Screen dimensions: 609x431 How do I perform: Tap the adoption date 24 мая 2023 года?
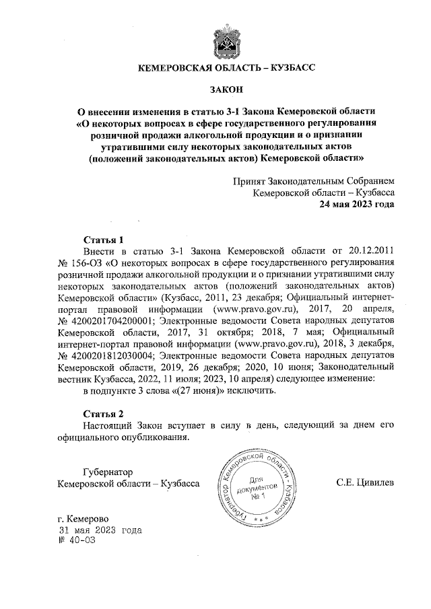pos(357,205)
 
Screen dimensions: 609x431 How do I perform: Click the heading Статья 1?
pos(104,239)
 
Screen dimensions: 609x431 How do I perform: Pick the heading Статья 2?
pos(104,413)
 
